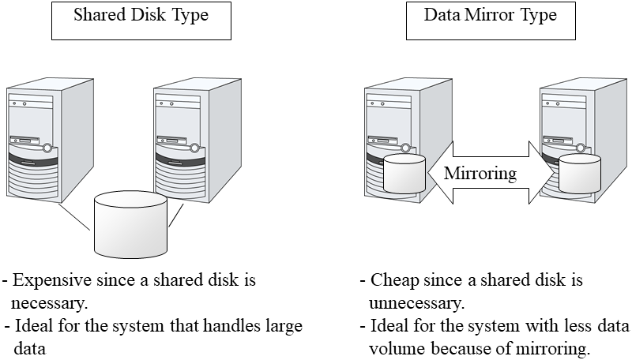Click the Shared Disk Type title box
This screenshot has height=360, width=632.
tap(141, 19)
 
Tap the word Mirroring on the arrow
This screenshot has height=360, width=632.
tap(480, 173)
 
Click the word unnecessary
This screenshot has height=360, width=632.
tap(416, 302)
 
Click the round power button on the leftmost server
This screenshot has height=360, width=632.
tap(49, 147)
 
